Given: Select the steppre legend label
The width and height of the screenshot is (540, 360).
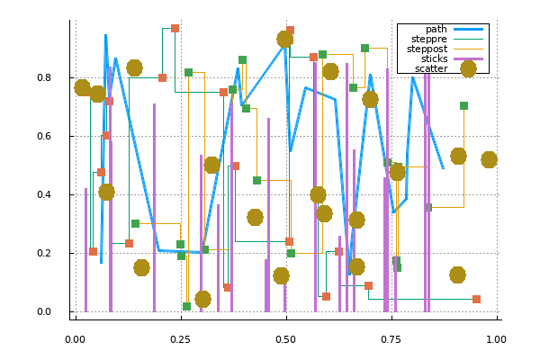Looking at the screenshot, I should (429, 39).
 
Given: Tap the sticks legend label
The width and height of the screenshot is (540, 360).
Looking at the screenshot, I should (433, 58).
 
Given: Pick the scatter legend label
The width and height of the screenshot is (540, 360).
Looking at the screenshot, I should (431, 68).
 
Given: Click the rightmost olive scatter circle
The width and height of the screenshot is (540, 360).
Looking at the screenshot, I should (489, 159).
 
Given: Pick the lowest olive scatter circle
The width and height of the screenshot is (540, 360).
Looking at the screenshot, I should (202, 299).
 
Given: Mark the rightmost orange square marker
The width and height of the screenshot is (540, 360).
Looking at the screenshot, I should (476, 299).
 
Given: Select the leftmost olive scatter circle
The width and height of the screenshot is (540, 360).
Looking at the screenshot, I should (82, 87).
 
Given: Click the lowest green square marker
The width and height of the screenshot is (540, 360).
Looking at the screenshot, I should (186, 307).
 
